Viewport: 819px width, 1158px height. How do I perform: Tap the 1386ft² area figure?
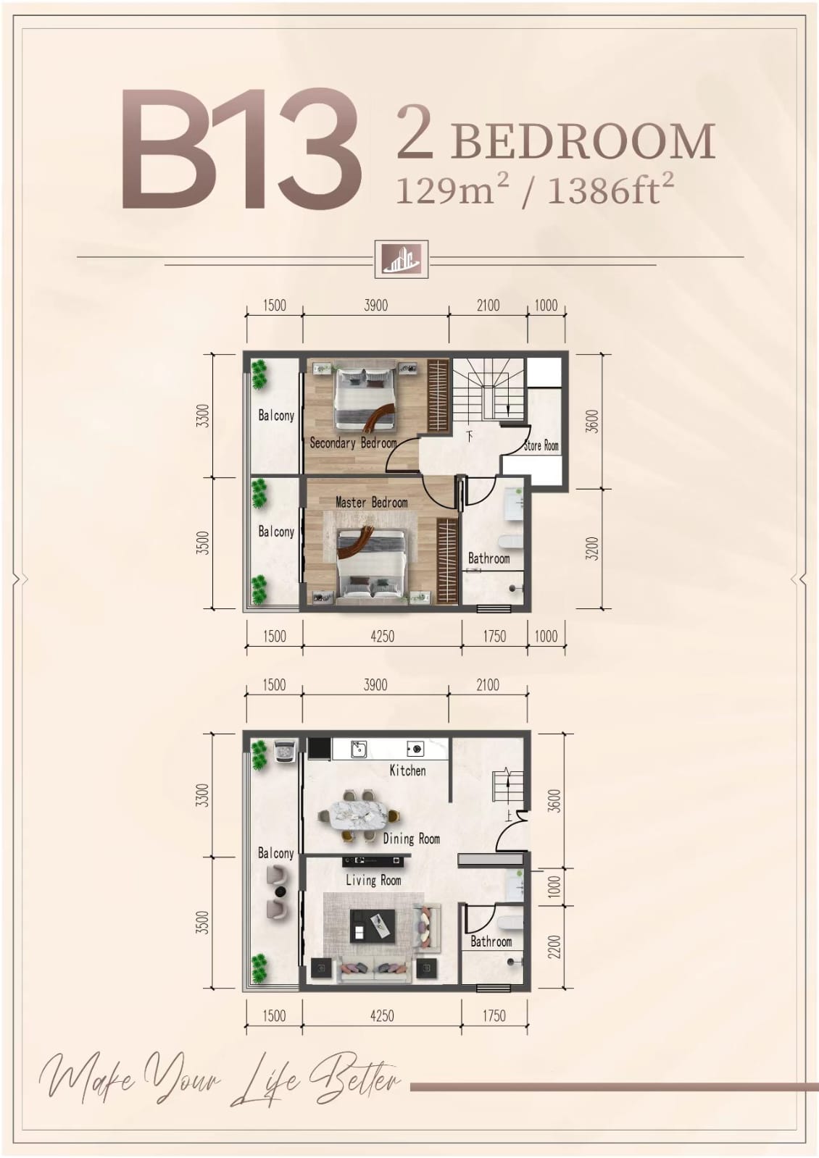(610, 190)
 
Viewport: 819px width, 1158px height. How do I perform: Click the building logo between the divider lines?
(402, 259)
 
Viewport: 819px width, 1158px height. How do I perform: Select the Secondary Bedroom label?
(353, 443)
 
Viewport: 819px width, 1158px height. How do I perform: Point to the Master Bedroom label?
(372, 502)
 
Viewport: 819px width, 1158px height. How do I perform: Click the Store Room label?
(541, 445)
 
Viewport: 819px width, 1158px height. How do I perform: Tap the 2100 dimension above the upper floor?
(488, 306)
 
